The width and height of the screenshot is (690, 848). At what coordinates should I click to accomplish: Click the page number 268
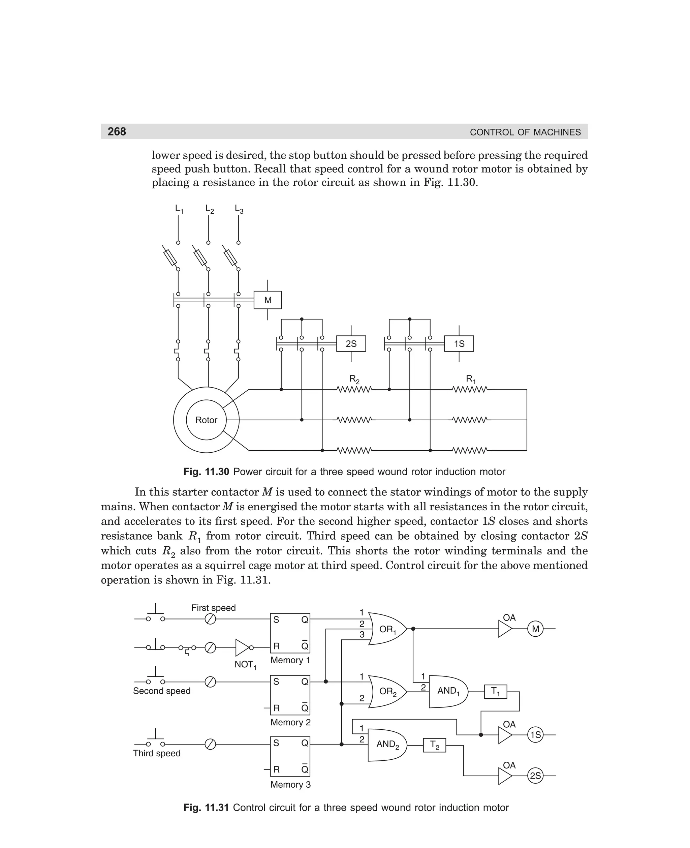click(x=117, y=131)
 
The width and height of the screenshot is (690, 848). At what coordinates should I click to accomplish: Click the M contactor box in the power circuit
click(x=268, y=300)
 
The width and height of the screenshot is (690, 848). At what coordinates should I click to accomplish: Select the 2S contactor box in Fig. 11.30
click(x=351, y=343)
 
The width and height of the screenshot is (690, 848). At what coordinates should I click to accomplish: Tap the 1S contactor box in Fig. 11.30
click(x=459, y=343)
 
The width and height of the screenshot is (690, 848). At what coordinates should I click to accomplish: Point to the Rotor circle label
click(x=206, y=420)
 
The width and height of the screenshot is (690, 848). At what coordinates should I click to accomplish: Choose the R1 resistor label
click(x=471, y=379)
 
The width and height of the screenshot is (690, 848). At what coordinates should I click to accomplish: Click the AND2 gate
click(x=386, y=744)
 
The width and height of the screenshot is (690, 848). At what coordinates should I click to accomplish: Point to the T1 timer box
click(x=495, y=691)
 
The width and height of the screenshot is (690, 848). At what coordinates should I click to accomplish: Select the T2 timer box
click(x=434, y=746)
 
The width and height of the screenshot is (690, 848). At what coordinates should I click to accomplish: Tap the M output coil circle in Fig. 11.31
click(x=535, y=629)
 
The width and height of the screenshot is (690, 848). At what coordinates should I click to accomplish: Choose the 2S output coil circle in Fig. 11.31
click(x=535, y=776)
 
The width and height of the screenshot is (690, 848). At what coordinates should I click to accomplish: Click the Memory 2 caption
click(x=290, y=722)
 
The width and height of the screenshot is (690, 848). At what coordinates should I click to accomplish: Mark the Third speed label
click(x=157, y=753)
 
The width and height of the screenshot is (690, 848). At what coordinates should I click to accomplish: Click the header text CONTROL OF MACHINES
click(x=525, y=132)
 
